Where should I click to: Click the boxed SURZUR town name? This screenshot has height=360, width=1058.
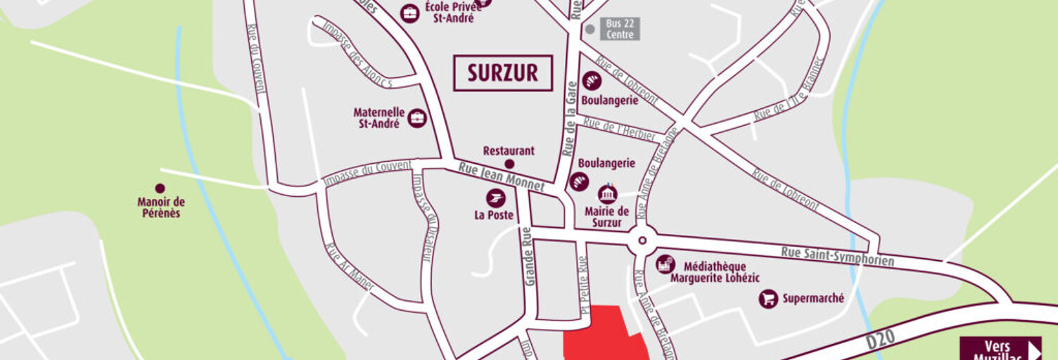[502, 73]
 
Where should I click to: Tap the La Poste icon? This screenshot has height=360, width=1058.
[495, 198]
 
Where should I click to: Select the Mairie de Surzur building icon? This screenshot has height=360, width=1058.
[607, 194]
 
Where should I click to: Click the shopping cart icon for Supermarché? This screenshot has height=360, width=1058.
[768, 299]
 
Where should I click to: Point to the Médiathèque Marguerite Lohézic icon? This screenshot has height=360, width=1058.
[665, 265]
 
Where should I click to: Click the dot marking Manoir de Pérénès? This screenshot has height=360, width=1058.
[160, 188]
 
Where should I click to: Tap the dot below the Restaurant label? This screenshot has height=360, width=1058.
[509, 164]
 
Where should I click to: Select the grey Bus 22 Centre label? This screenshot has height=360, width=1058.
[618, 29]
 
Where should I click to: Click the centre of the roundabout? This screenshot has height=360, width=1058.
[642, 241]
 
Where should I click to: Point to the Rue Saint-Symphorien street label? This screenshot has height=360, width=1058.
[837, 256]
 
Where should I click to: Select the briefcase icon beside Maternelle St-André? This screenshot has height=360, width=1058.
[417, 118]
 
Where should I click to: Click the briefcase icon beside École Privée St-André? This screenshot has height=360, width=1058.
[409, 13]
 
